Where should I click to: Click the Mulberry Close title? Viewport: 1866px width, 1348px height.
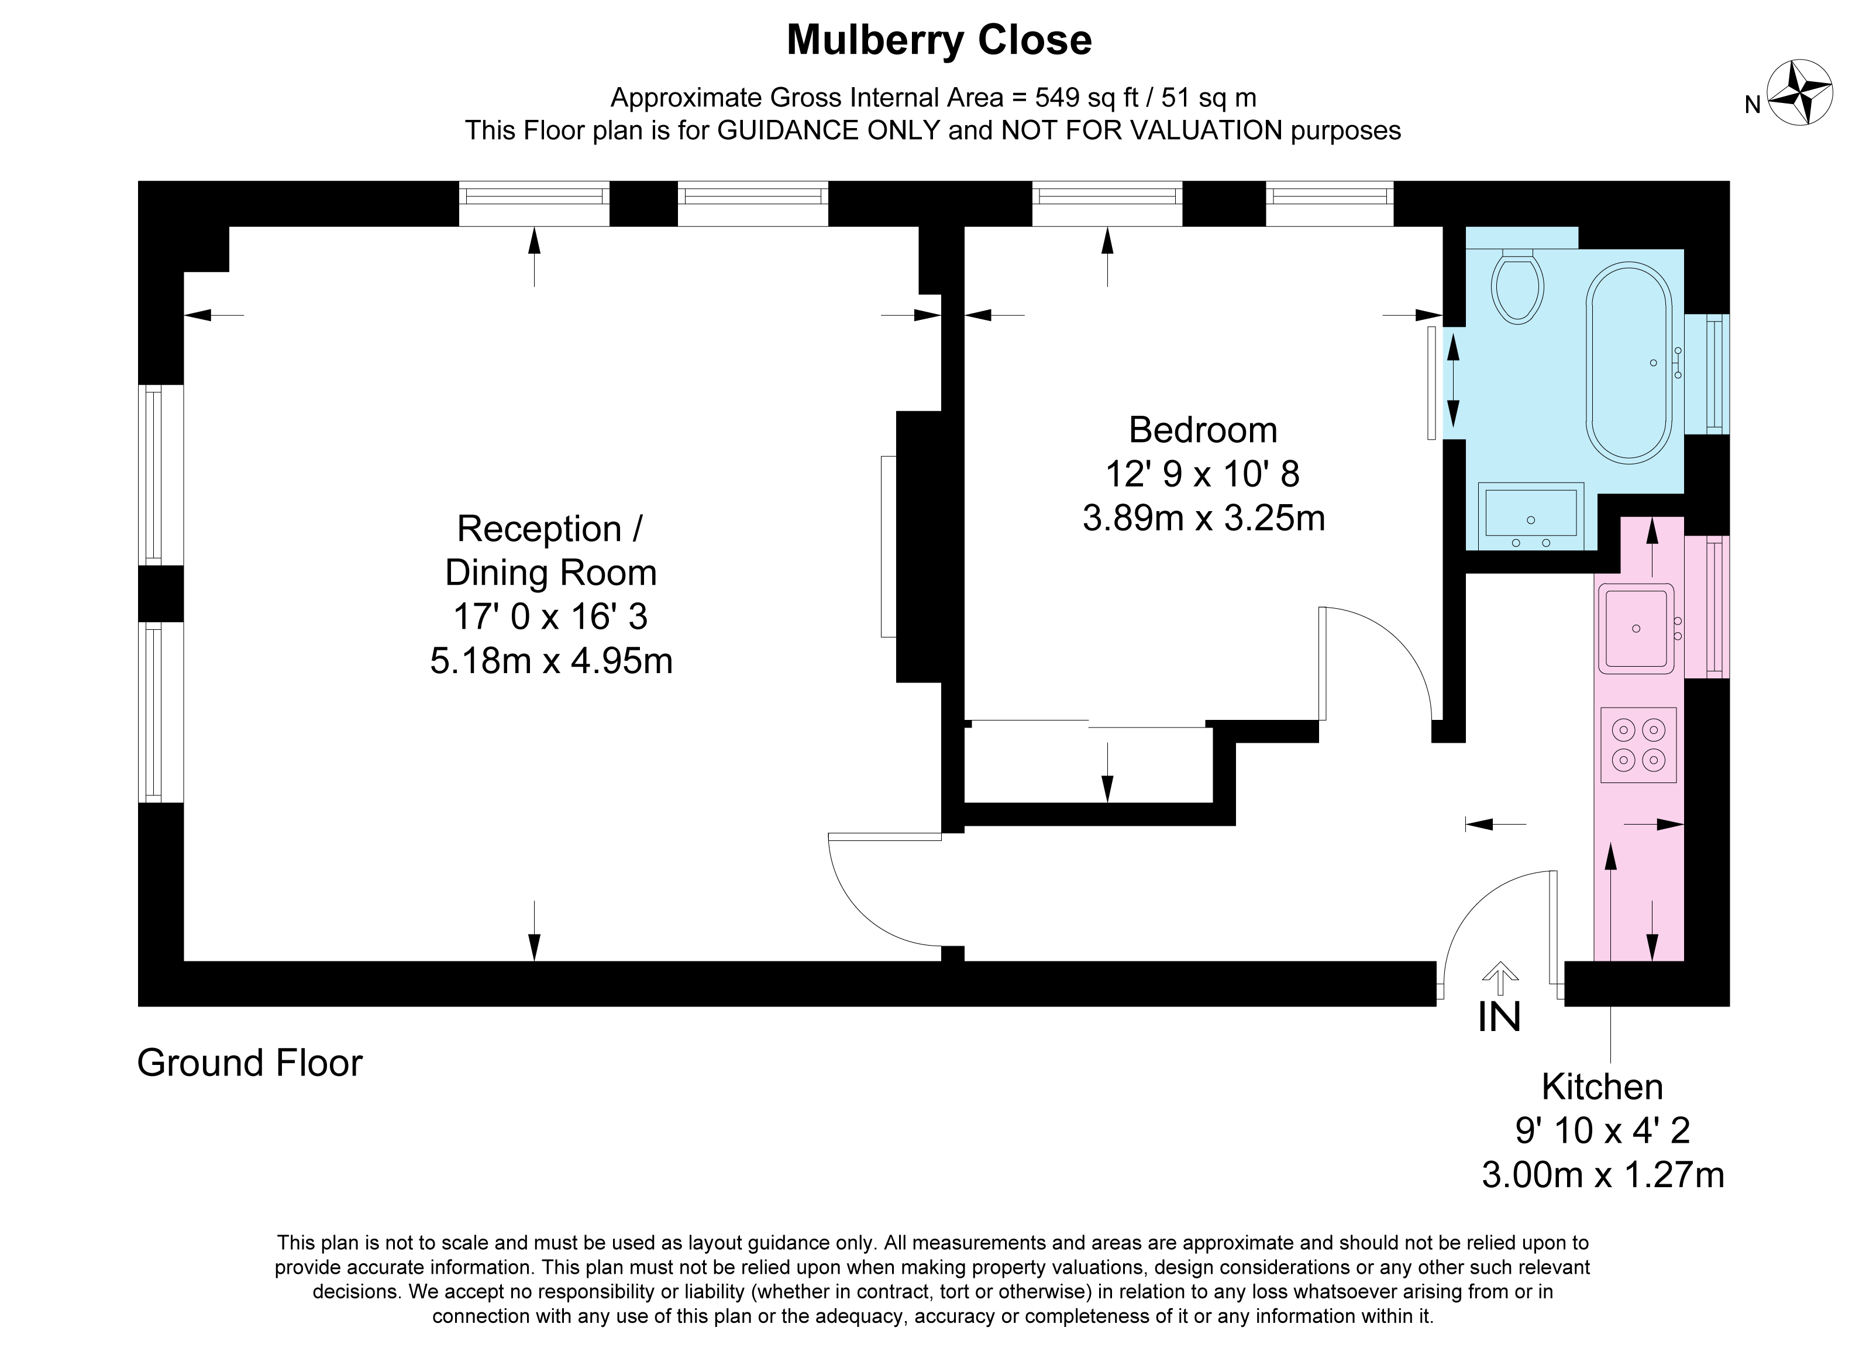coord(939,40)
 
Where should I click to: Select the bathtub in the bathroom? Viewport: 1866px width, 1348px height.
coord(1629,362)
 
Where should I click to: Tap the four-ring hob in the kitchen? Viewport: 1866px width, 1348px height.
coord(1638,745)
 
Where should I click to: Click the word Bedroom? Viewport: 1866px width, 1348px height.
coord(1203,430)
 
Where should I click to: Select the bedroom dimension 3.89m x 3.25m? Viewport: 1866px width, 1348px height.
coord(1203,518)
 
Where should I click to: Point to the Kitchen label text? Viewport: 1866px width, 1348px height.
coord(1602,1087)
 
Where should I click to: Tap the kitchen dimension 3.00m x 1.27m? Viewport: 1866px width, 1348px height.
coord(1603,1174)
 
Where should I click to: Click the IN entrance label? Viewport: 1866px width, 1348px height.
coord(1499,1018)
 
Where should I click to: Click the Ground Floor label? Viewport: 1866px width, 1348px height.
coord(249,1063)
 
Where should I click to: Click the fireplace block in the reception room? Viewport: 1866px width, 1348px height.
coord(919,547)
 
